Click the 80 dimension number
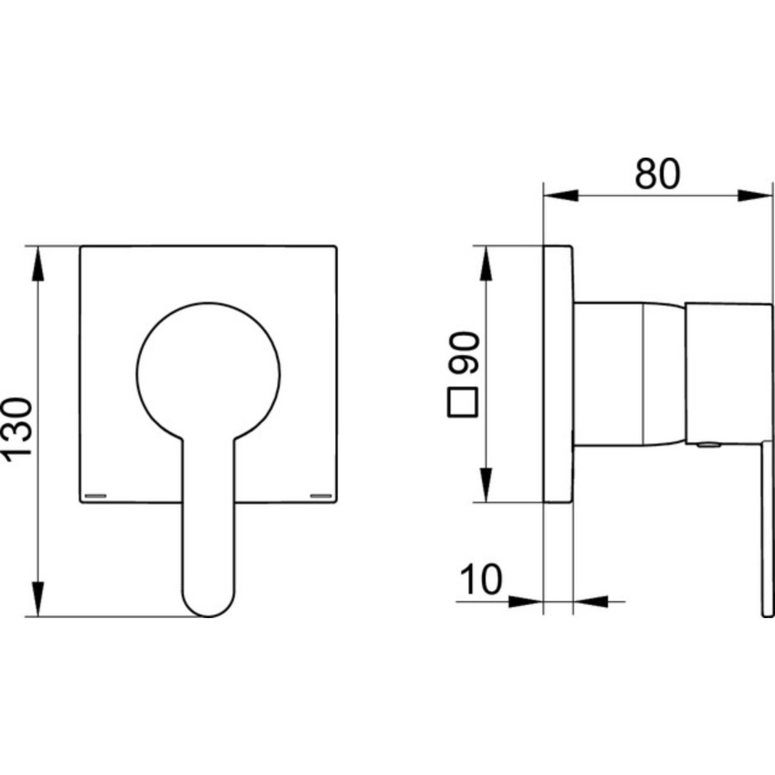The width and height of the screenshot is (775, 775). (x=657, y=174)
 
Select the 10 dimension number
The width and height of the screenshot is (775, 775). (x=481, y=579)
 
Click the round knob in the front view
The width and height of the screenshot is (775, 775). (x=208, y=373)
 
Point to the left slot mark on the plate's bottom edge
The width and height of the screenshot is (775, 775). (x=96, y=495)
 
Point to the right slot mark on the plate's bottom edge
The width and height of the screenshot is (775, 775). (x=322, y=495)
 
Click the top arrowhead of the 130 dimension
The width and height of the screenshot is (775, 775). (x=38, y=263)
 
